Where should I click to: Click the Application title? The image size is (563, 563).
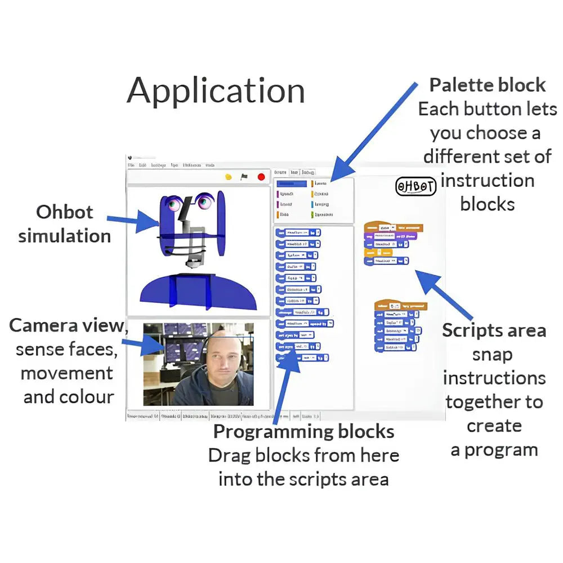tap(216, 91)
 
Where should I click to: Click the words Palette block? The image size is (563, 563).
tap(488, 85)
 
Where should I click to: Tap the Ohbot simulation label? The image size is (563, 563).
tap(64, 224)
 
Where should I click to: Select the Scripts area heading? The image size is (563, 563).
tap(494, 330)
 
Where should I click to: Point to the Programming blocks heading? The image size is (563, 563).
tap(303, 432)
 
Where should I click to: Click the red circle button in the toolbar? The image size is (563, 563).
tap(261, 177)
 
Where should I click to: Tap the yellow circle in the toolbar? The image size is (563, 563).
tap(229, 177)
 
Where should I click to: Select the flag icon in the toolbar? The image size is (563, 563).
tap(244, 177)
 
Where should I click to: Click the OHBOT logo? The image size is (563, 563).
tap(416, 186)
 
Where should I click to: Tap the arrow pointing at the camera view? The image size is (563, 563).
tap(141, 342)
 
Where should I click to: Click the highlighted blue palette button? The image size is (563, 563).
tap(292, 184)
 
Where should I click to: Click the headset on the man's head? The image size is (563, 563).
tap(211, 340)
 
